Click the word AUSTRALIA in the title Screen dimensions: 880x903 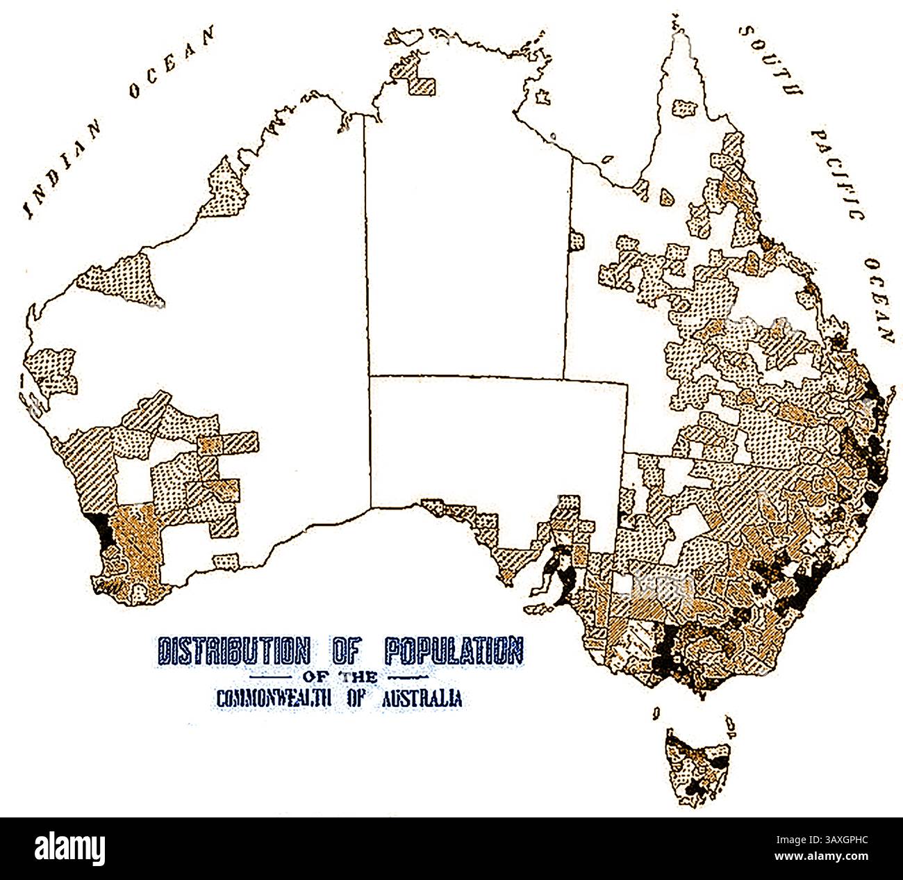coord(422,698)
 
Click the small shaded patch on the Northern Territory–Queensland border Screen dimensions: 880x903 coord(576,241)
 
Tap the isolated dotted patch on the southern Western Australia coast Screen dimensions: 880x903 coord(226,560)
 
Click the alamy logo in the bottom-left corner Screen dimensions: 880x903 coord(69,848)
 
